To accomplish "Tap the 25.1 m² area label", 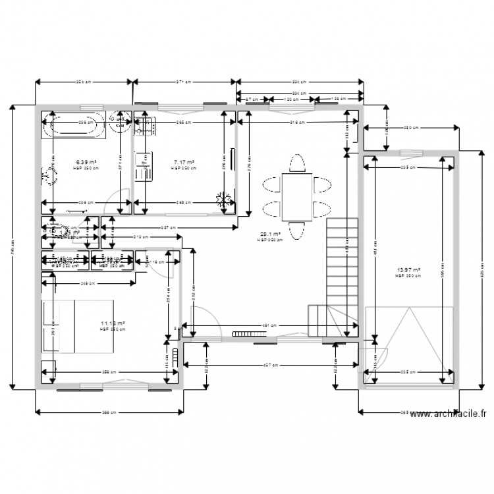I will [271, 234].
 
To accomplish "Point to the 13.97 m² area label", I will [408, 269].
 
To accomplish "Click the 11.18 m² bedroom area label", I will [113, 323].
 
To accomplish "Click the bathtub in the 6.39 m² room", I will [73, 125].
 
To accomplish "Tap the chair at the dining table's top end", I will [297, 163].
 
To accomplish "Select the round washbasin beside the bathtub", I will [119, 123].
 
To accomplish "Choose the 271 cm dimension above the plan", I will [184, 82].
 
